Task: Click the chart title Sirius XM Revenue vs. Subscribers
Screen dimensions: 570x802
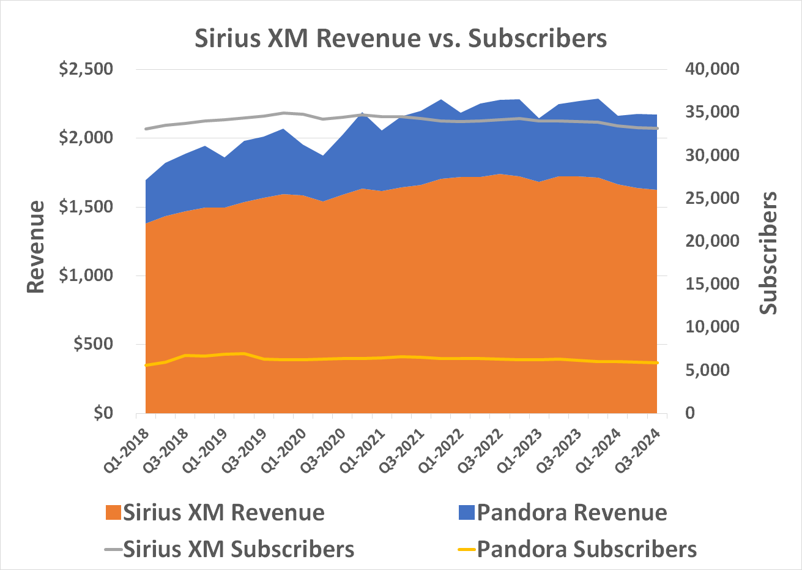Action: (401, 38)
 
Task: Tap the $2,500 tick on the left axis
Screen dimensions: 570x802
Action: (86, 69)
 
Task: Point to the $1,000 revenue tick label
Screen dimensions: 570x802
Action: (86, 276)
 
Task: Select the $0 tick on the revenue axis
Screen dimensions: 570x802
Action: (103, 413)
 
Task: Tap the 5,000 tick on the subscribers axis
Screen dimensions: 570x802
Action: (716, 370)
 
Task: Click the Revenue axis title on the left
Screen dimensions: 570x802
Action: (37, 246)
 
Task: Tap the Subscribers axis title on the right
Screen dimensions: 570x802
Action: (768, 253)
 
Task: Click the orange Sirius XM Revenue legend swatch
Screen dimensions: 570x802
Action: (113, 512)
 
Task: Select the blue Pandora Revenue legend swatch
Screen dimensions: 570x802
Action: (466, 512)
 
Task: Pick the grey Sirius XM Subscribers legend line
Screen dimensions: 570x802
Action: (113, 549)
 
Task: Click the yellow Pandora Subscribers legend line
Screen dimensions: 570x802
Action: (466, 549)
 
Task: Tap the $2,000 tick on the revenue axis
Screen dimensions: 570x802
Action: (86, 138)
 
